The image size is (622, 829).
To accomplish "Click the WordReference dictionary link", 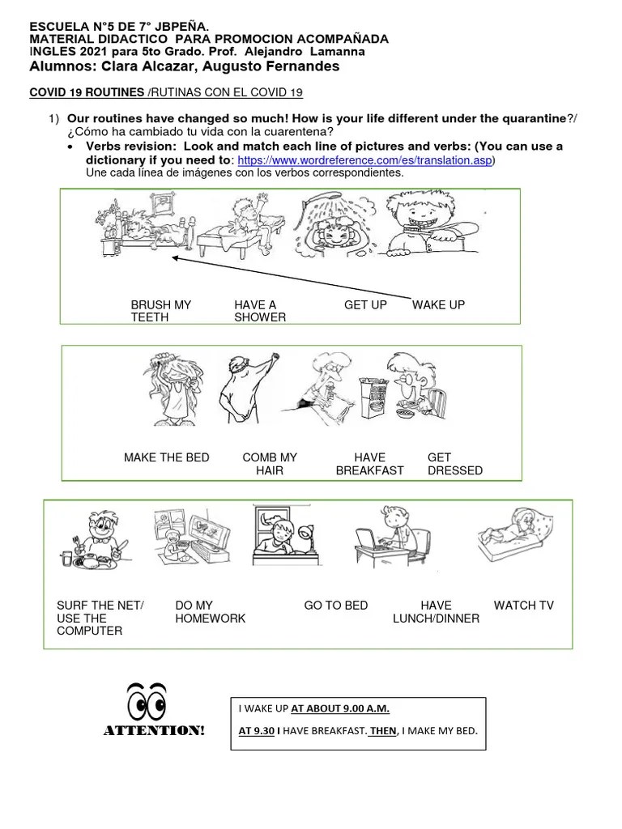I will click(364, 160).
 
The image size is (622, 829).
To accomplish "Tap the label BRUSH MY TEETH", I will click(161, 311).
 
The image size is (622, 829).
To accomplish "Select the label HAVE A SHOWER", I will click(260, 311).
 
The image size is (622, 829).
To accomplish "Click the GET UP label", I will click(365, 305).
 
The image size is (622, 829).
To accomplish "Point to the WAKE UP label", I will click(438, 305).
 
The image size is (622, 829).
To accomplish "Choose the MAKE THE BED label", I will click(166, 457).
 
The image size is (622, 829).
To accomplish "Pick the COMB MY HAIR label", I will click(270, 464).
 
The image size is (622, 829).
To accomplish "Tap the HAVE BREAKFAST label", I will click(369, 464).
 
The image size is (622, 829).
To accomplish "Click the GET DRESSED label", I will click(454, 464).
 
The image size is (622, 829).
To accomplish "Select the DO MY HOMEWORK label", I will click(210, 612).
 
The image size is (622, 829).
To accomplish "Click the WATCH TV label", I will click(523, 606).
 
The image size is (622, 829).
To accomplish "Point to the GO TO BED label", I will click(335, 606).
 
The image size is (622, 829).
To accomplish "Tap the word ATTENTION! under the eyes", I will click(154, 732).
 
